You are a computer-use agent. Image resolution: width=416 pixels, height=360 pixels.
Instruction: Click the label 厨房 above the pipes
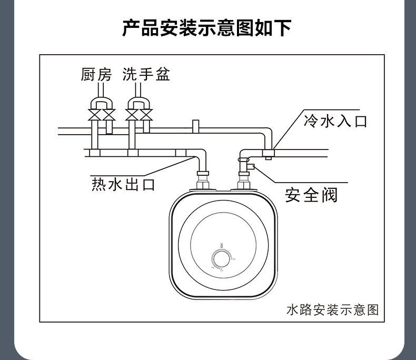click(x=96, y=74)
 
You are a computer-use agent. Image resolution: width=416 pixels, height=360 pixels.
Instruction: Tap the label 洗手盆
click(x=146, y=74)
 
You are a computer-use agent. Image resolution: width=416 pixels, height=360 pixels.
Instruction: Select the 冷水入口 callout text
click(x=335, y=121)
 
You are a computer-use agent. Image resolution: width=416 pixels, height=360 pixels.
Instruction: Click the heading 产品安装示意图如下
click(x=207, y=28)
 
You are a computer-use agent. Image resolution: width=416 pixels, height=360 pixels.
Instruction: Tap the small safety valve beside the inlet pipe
click(x=251, y=167)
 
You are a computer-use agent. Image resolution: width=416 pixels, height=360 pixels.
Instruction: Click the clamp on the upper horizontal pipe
click(x=195, y=127)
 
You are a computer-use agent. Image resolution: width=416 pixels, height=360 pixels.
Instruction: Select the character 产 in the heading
click(x=132, y=28)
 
